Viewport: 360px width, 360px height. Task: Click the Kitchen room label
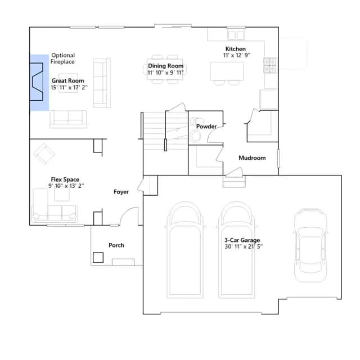click(x=235, y=49)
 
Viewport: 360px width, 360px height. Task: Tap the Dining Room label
click(x=165, y=66)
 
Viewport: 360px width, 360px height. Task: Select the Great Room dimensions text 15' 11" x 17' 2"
click(x=69, y=88)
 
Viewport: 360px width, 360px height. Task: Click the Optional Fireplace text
click(x=62, y=58)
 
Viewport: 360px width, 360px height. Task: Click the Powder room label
click(x=206, y=127)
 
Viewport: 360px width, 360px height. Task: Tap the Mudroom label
click(x=252, y=157)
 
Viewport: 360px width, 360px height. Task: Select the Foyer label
click(x=121, y=192)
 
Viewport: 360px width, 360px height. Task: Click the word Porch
click(x=116, y=245)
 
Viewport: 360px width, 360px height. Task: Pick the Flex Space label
click(x=65, y=179)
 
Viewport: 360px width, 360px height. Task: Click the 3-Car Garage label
click(x=242, y=240)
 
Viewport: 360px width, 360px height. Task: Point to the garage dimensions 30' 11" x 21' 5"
click(x=244, y=246)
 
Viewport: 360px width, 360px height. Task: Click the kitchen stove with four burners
click(x=270, y=65)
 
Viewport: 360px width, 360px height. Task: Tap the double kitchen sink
click(x=236, y=35)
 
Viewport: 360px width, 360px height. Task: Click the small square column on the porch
click(x=98, y=258)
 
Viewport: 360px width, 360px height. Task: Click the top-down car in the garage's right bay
click(x=310, y=245)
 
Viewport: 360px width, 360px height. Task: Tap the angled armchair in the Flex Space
click(x=44, y=154)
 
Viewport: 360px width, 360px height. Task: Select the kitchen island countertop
click(x=227, y=71)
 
